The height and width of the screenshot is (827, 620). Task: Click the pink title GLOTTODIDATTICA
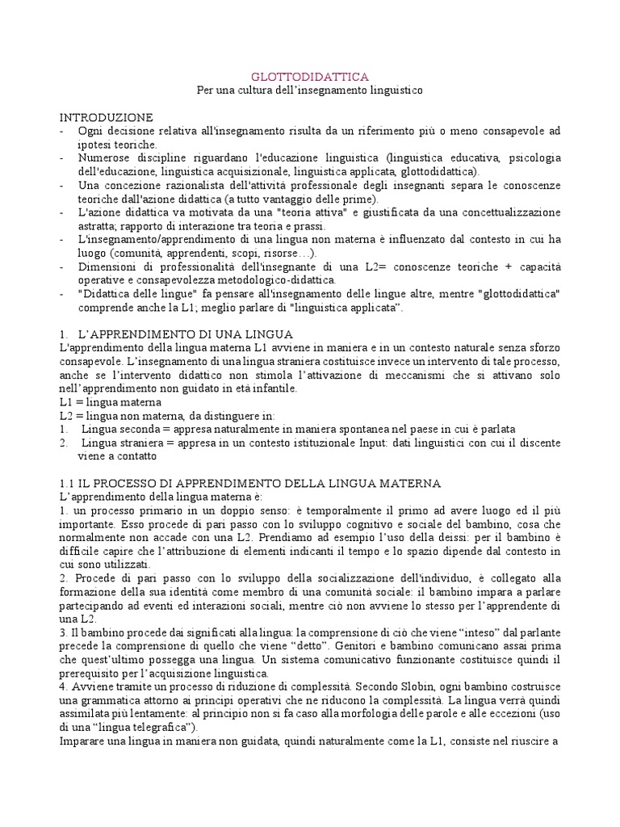click(310, 77)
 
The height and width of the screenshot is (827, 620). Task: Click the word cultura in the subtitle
click(267, 90)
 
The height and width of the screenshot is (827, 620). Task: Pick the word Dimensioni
click(108, 267)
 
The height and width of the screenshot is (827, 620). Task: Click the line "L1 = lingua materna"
click(111, 402)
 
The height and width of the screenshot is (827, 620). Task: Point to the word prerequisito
click(92, 674)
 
